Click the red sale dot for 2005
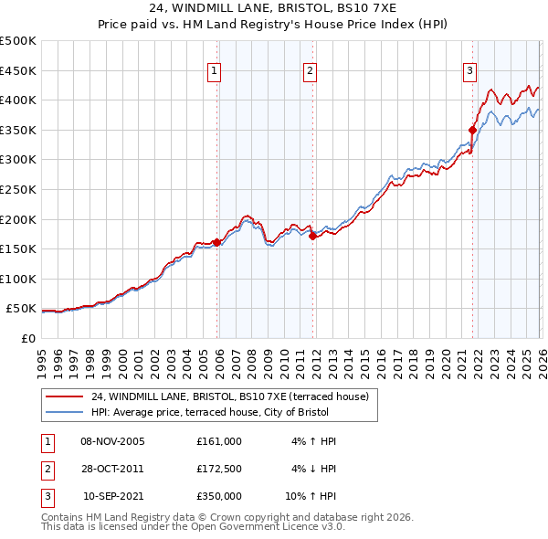tap(216, 242)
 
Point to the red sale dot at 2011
tap(312, 236)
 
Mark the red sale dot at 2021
tap(473, 130)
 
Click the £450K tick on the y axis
tap(18, 70)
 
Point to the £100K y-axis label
tap(18, 279)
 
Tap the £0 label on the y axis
tap(26, 338)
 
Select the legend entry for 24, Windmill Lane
tap(228, 396)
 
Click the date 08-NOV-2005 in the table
tap(112, 441)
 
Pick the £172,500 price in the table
tap(219, 469)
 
